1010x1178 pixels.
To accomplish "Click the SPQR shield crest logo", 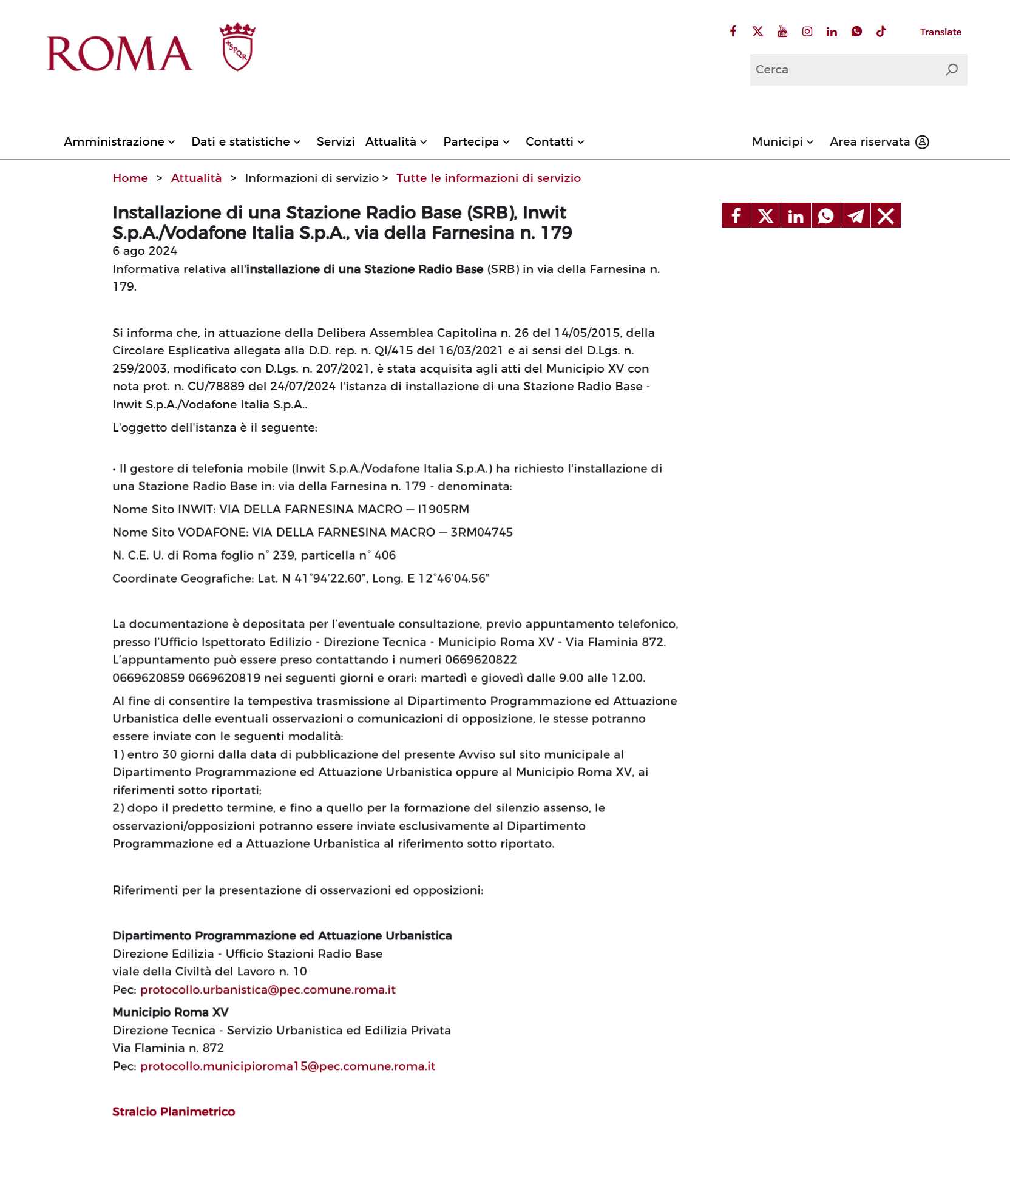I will click(237, 47).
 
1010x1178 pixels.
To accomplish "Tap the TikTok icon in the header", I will click(881, 32).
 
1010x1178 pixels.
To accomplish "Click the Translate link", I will click(940, 32).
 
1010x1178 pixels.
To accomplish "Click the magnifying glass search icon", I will click(951, 70).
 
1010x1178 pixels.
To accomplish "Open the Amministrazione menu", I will click(119, 142).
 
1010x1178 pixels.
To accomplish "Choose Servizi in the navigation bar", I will click(336, 142).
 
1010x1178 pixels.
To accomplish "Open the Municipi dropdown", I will click(782, 142).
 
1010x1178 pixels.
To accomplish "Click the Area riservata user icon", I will click(922, 142).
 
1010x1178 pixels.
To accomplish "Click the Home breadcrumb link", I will click(130, 178).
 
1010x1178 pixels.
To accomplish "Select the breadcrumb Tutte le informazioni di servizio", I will click(489, 178).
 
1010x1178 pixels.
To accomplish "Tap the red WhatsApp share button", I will click(825, 215).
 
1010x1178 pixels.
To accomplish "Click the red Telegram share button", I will click(856, 215).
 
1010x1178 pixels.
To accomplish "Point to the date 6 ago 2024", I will click(145, 251).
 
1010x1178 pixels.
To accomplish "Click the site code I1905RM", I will click(443, 509).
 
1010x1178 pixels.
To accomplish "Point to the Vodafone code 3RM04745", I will click(481, 532).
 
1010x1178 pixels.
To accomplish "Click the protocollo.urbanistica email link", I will click(268, 990).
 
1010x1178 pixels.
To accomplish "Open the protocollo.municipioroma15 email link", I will click(288, 1066).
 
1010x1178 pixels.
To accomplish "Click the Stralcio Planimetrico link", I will click(174, 1112).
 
